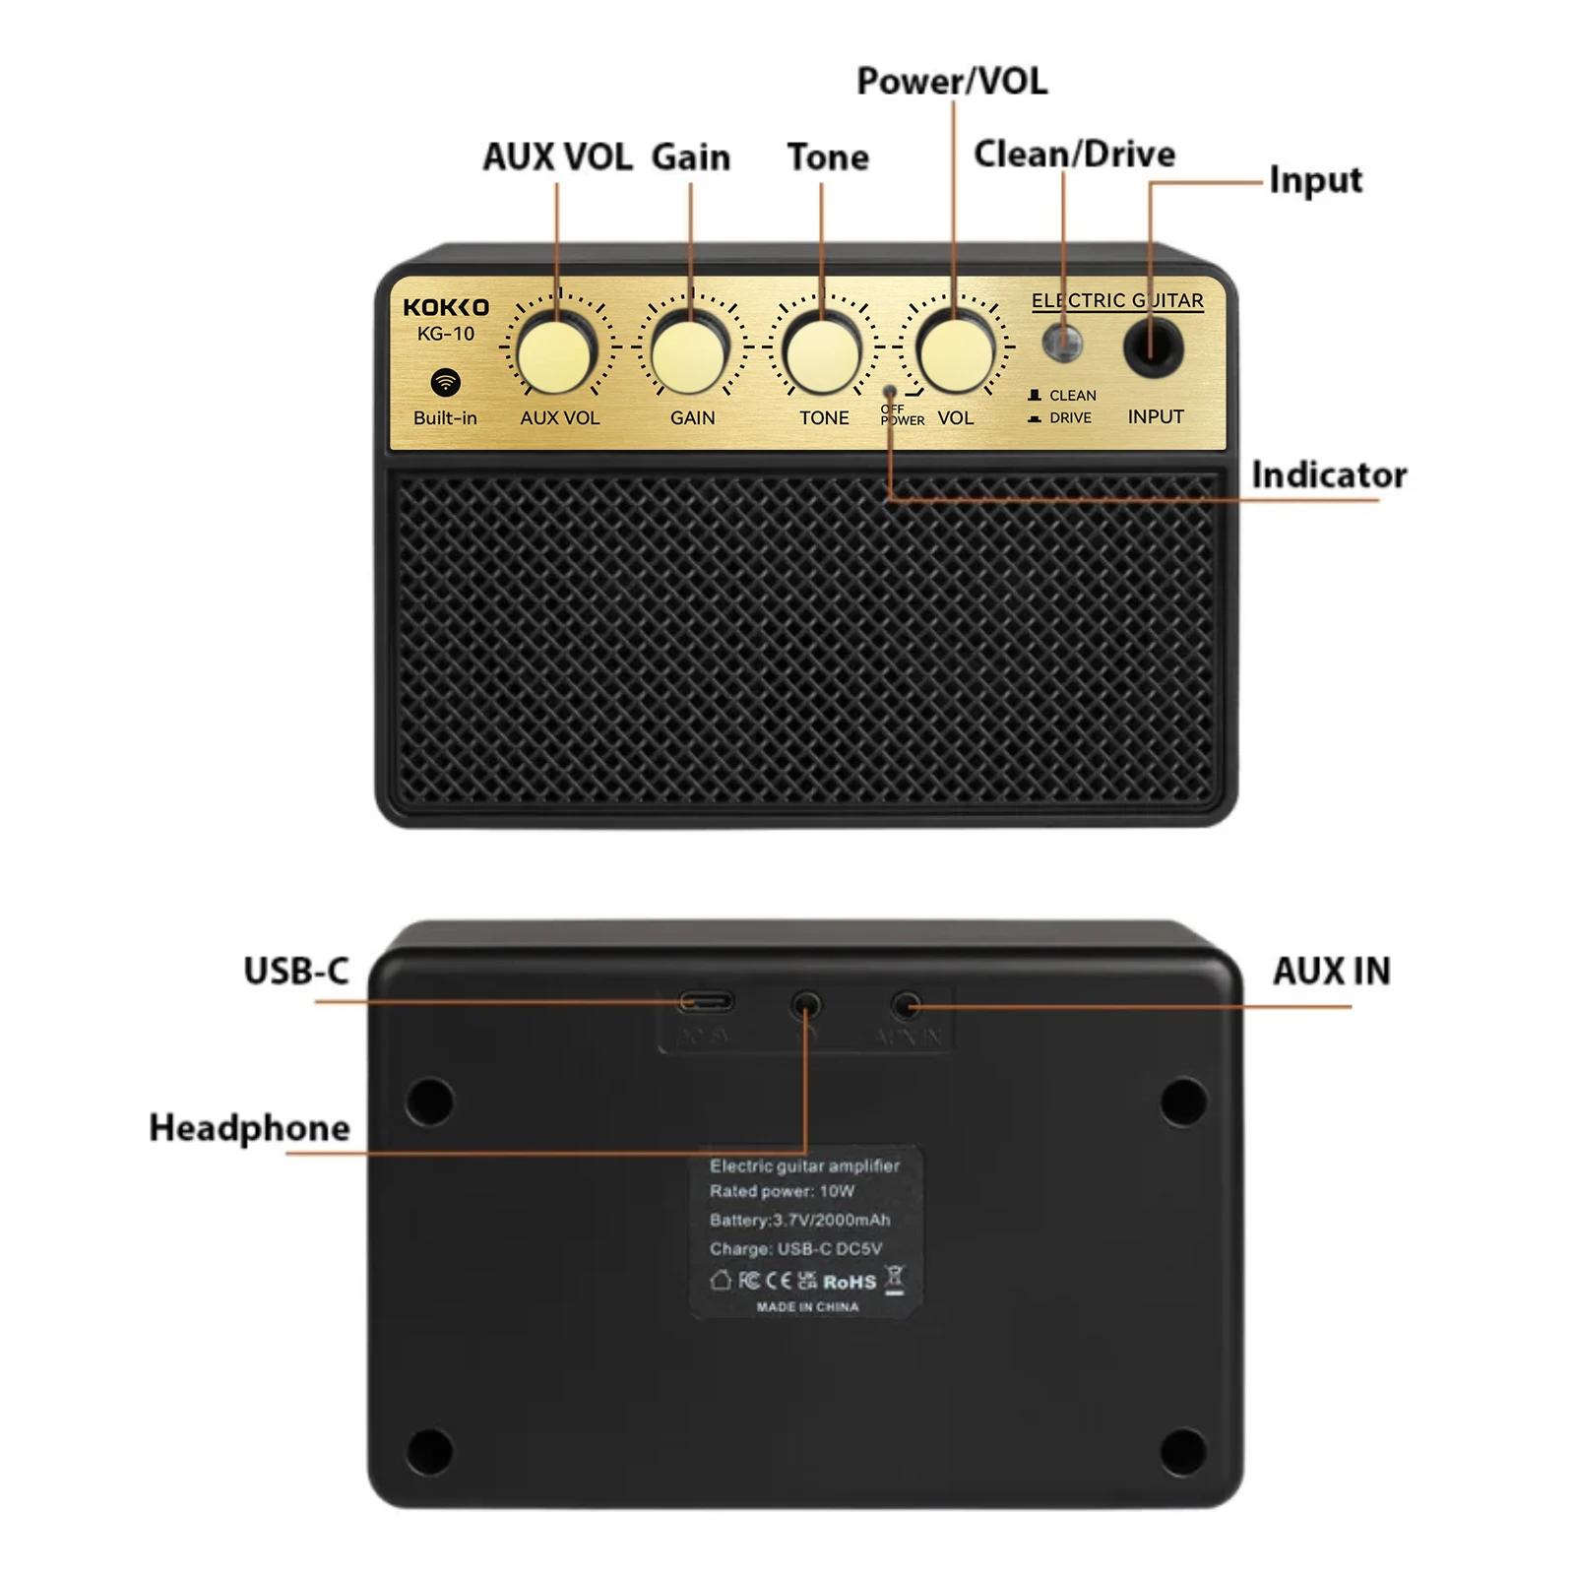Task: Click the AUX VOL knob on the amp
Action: tap(556, 350)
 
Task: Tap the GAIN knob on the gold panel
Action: tap(689, 350)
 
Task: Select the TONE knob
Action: tap(822, 350)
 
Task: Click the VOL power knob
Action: tap(954, 350)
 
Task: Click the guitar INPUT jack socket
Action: tap(1154, 347)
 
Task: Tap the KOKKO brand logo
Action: tap(446, 307)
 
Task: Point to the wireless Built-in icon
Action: tap(446, 382)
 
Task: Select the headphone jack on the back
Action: tap(806, 1005)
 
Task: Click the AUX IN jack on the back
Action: tap(907, 1005)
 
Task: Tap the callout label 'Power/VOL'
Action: tap(952, 81)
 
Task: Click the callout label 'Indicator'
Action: tap(1329, 474)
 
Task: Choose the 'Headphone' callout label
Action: tap(249, 1127)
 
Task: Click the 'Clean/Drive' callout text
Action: tap(1074, 154)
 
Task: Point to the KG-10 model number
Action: tap(446, 334)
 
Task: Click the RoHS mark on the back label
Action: tap(850, 1282)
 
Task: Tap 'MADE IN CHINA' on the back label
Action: tap(807, 1307)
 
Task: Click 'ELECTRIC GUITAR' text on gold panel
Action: tap(1117, 300)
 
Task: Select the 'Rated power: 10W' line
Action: tap(783, 1191)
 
